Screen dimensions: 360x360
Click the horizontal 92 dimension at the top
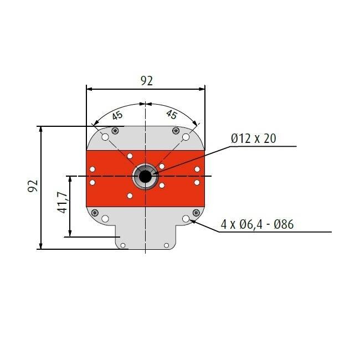tap(146, 81)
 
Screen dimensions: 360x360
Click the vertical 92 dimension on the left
tap(32, 186)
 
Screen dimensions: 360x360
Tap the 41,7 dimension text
tap(61, 203)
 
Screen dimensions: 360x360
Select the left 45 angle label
tap(117, 116)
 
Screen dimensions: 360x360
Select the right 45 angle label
tap(172, 115)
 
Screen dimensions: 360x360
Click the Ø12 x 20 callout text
tap(253, 138)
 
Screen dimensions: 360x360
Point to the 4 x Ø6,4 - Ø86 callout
tap(257, 224)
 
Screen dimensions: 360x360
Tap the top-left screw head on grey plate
tap(115, 130)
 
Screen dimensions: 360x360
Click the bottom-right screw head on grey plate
tap(196, 212)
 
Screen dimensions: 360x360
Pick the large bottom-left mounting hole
tap(104, 219)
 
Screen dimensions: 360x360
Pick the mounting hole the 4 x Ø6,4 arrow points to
tap(186, 219)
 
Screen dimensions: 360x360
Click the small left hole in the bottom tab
tap(124, 245)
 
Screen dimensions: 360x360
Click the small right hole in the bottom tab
tap(166, 245)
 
